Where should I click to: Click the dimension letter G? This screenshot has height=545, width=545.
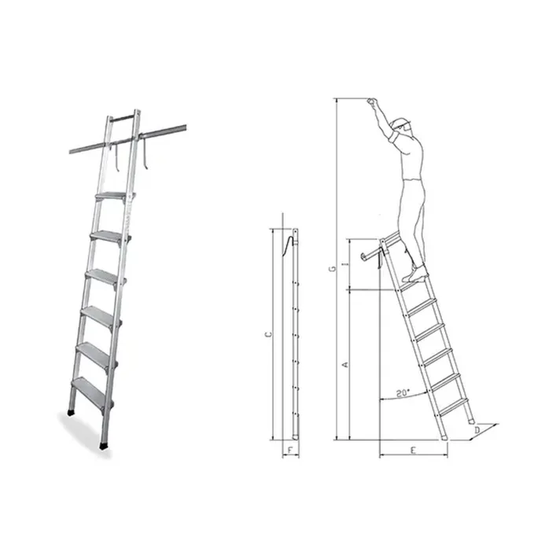point(333,269)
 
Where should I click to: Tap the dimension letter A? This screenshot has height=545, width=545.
point(345,365)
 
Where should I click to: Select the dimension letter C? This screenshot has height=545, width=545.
point(268,334)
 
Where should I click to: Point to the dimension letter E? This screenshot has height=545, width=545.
point(413,450)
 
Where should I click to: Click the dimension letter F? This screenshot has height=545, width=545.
point(290,450)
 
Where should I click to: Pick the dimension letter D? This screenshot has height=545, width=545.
point(477,430)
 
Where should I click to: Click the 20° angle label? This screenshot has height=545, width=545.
point(403,393)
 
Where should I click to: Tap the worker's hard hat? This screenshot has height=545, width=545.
point(400,123)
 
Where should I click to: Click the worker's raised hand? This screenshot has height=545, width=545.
point(372,101)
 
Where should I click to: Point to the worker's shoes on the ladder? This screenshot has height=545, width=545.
point(415,274)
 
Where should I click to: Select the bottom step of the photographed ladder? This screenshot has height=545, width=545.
point(91,388)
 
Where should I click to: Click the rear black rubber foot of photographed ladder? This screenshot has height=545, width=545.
point(71,413)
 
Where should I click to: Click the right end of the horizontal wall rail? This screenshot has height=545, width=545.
point(186,127)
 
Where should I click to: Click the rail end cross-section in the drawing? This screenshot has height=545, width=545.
point(365,256)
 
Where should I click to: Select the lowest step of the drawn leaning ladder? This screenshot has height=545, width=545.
point(453,407)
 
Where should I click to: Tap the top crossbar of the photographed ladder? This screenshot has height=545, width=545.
point(123,117)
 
